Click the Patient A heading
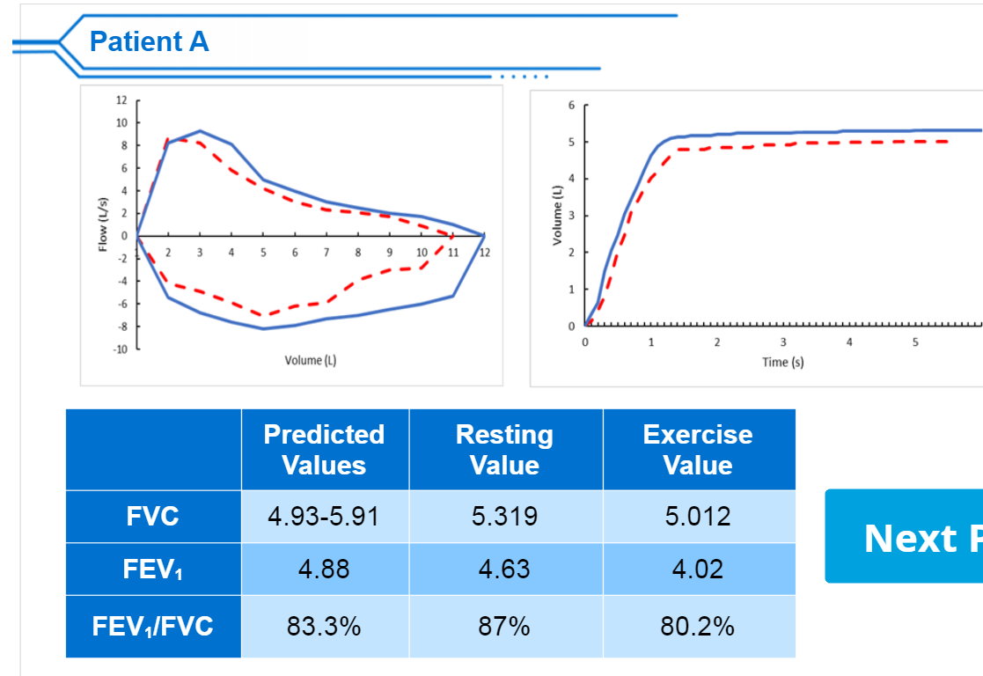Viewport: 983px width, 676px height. coord(149,41)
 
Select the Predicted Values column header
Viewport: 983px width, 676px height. coord(324,450)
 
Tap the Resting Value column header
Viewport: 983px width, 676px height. coord(504,450)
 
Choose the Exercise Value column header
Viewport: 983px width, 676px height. coord(697,450)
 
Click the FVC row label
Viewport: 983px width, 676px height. coord(153,516)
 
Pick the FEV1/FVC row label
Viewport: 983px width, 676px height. coord(153,627)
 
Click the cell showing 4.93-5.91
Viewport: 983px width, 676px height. coord(324,516)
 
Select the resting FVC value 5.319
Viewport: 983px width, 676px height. coord(504,516)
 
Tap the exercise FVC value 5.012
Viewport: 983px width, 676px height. coord(698,516)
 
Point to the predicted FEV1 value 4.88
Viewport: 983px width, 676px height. coord(324,569)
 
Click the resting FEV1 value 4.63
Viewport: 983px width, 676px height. coord(504,569)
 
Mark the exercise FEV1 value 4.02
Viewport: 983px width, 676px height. coord(698,569)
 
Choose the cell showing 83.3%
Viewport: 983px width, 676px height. coord(324,627)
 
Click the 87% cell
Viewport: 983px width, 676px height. coord(504,627)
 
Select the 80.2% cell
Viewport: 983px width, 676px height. coord(698,627)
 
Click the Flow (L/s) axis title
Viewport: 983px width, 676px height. coord(103,224)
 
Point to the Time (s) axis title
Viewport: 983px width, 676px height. coord(782,363)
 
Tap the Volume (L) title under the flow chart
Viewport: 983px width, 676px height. coord(310,360)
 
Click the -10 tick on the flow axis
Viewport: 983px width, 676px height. coord(121,349)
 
